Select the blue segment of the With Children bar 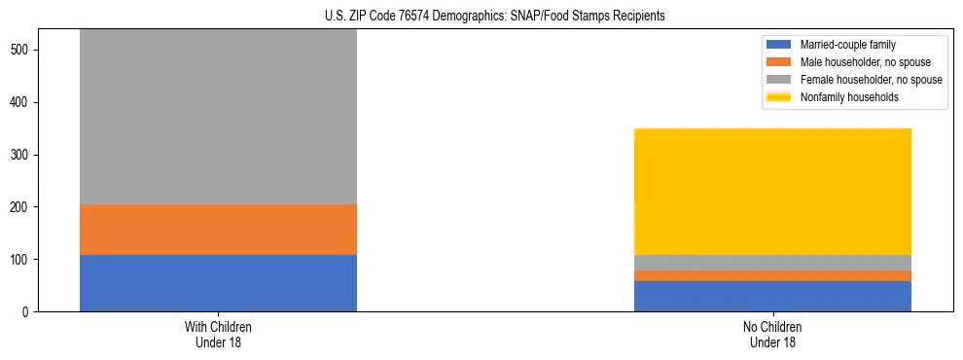coord(218,283)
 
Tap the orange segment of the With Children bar coord(218,230)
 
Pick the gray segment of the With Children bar coord(218,117)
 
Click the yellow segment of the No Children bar coord(772,192)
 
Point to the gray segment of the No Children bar coord(772,263)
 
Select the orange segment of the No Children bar coord(772,275)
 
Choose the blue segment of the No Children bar coord(772,296)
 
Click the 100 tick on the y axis coord(23,260)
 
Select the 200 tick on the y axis coord(23,207)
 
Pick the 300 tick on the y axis coord(23,155)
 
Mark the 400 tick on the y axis coord(23,102)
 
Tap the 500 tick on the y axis coord(23,50)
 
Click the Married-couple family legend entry coord(847,45)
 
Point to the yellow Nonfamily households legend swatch coord(779,97)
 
